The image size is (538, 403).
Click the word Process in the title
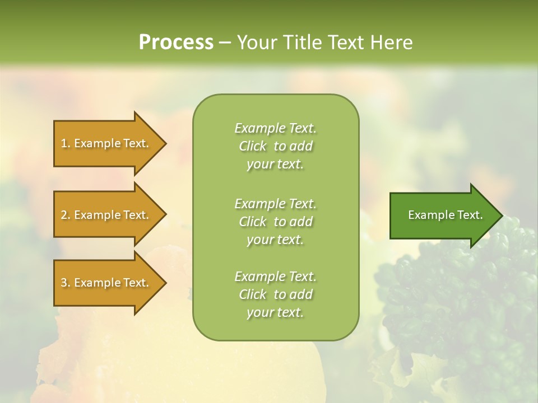[176, 42]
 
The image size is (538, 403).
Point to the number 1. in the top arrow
[66, 143]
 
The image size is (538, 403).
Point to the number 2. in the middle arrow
[66, 215]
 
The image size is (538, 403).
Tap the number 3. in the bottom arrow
[66, 283]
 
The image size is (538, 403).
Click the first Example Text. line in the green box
[276, 128]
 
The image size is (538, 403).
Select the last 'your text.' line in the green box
[275, 312]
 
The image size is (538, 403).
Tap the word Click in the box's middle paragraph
[253, 222]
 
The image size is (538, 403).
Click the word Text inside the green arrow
[470, 215]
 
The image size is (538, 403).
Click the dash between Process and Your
[225, 43]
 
